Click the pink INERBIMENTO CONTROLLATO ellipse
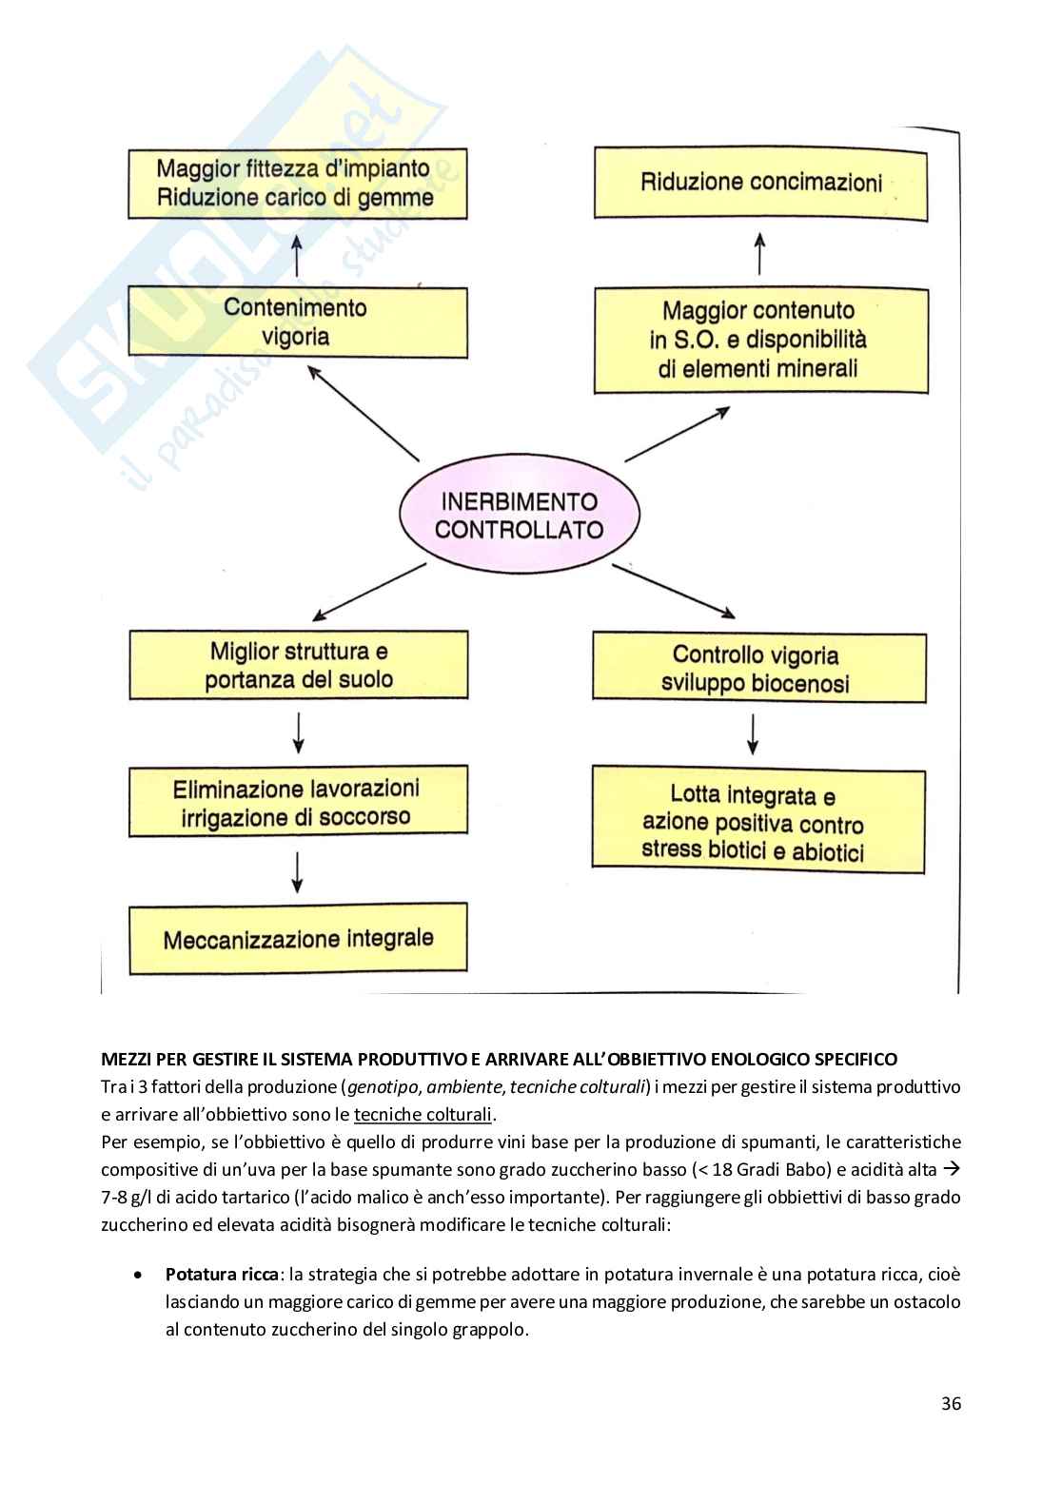click(x=519, y=516)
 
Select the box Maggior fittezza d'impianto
click(x=298, y=184)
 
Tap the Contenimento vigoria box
click(x=298, y=322)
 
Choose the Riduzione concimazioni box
click(x=760, y=183)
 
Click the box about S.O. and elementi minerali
click(x=760, y=340)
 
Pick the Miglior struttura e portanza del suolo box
click(x=298, y=665)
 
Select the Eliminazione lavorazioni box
click(x=298, y=803)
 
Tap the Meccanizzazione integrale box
click(x=298, y=940)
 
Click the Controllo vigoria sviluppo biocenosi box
click(x=758, y=668)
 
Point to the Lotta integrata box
click(x=757, y=822)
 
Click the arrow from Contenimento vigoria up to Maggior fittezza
click(x=297, y=254)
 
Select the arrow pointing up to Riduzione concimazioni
click(x=759, y=255)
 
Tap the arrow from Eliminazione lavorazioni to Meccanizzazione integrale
click(x=298, y=871)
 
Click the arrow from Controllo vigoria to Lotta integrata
click(x=754, y=733)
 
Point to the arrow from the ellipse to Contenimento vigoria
click(x=364, y=415)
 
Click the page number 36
click(x=951, y=1403)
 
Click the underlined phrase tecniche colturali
click(x=423, y=1115)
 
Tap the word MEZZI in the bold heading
click(x=128, y=1059)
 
